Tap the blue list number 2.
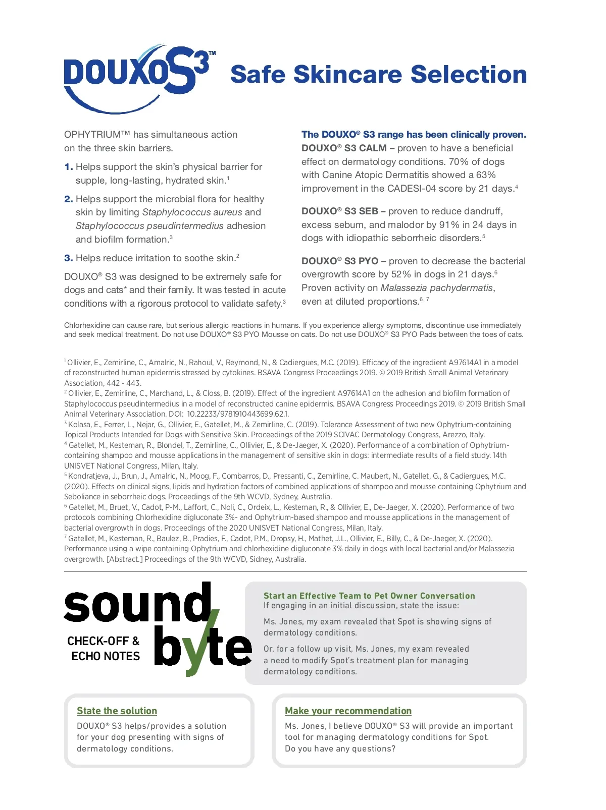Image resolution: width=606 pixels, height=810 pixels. point(68,199)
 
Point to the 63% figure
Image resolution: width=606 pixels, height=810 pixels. point(486,175)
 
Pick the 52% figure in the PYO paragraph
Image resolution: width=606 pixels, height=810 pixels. point(401,274)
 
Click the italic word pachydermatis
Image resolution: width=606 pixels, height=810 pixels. point(461,288)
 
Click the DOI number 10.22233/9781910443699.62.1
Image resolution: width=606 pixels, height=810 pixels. point(238,414)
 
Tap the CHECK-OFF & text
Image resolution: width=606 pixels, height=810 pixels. point(103,641)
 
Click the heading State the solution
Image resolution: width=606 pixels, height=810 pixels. point(117,711)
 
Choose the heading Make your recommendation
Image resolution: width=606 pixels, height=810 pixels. point(348,711)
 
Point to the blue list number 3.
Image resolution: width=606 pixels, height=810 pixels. point(68,258)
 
